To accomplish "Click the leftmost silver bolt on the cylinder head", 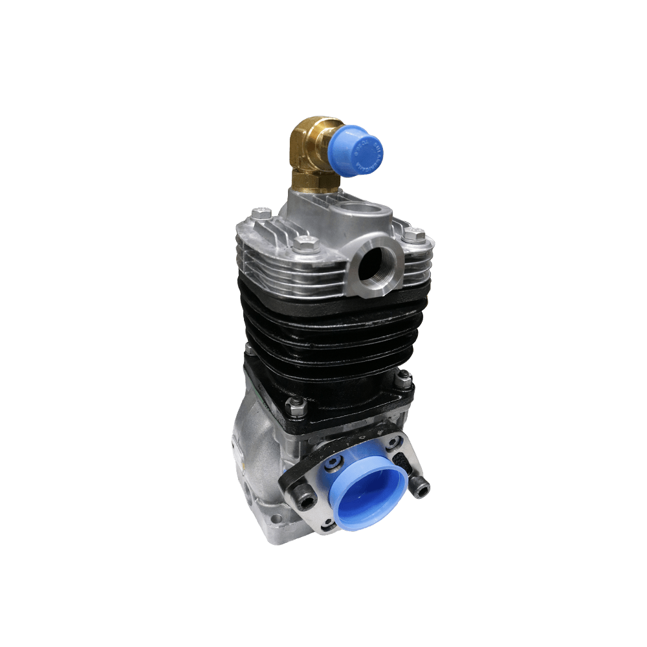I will point(260,213).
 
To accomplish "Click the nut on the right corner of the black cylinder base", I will point(404,380).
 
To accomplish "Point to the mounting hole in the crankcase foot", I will point(277,519).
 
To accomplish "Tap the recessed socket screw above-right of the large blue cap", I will point(391,443).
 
